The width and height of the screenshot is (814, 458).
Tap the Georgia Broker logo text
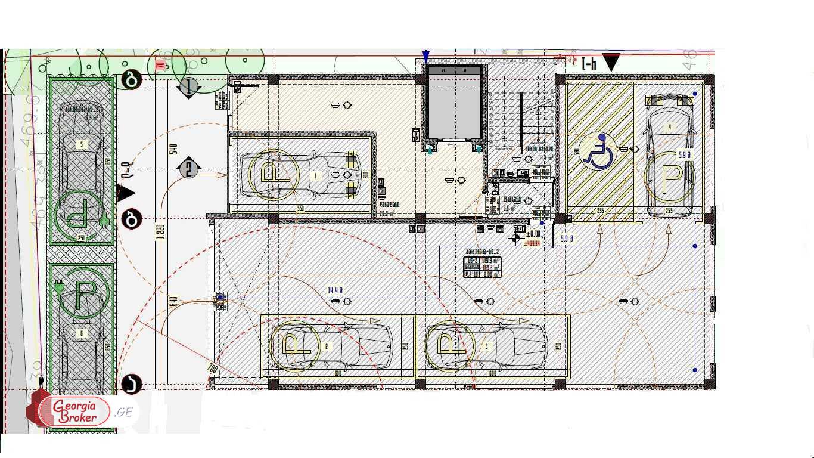[x=74, y=411]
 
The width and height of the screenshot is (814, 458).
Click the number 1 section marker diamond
[x=189, y=88]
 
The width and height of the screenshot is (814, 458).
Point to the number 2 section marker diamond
[x=189, y=169]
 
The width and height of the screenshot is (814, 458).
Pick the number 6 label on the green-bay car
[x=82, y=333]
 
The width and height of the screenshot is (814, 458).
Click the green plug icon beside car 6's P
[x=59, y=287]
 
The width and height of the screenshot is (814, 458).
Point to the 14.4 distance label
[x=335, y=291]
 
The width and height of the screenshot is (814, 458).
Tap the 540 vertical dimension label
[x=173, y=148]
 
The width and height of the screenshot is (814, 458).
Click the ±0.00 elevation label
[x=533, y=234]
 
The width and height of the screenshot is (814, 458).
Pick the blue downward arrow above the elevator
[x=425, y=57]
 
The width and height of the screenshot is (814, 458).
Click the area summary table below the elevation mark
[x=482, y=267]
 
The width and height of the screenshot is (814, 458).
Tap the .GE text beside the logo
[x=125, y=411]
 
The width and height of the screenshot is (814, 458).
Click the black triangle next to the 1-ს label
[x=611, y=61]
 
